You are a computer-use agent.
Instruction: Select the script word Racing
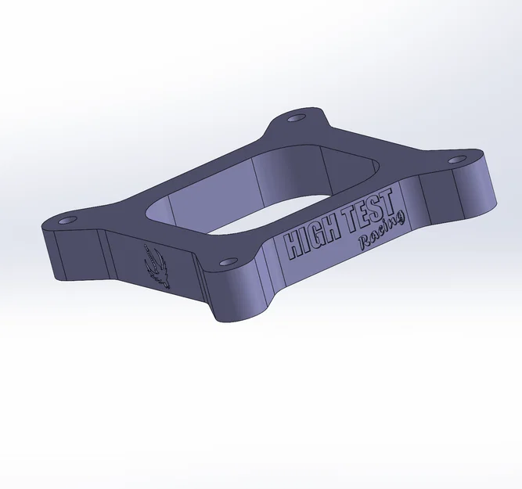[x=382, y=232]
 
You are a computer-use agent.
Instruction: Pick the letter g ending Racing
[x=401, y=222]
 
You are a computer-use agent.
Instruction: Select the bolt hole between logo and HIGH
[x=226, y=263]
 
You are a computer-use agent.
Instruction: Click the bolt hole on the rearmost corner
[x=295, y=118]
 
